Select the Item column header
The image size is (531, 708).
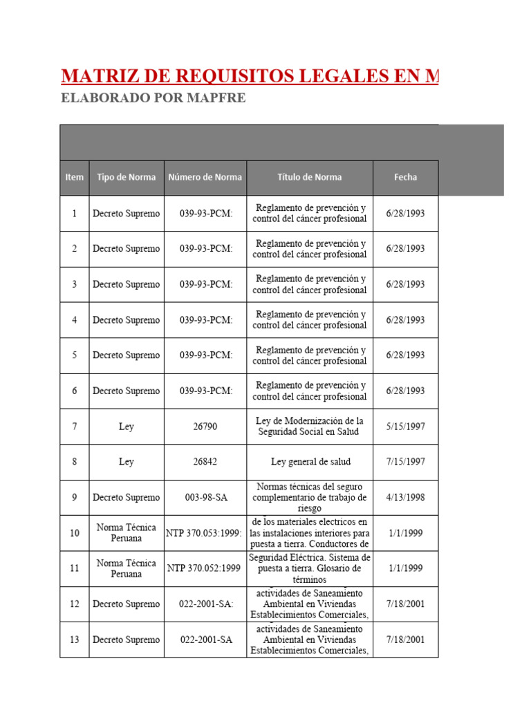click(x=74, y=177)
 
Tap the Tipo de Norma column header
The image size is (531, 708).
click(x=127, y=177)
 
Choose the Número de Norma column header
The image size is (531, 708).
click(x=205, y=177)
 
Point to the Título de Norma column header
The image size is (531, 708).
click(x=310, y=177)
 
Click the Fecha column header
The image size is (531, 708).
click(x=405, y=177)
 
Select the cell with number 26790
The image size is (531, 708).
click(x=205, y=427)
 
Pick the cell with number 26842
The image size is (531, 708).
click(x=205, y=462)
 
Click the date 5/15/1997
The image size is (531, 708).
click(x=405, y=427)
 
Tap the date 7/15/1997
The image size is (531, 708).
click(x=405, y=462)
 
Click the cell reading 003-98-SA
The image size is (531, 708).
click(x=205, y=497)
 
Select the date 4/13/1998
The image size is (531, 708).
click(x=405, y=497)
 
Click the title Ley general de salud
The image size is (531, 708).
click(x=310, y=462)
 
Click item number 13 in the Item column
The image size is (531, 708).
click(x=74, y=640)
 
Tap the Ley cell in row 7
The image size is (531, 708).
click(x=127, y=427)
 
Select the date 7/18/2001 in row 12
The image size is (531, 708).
click(x=405, y=604)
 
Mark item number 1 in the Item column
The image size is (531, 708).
click(x=74, y=214)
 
